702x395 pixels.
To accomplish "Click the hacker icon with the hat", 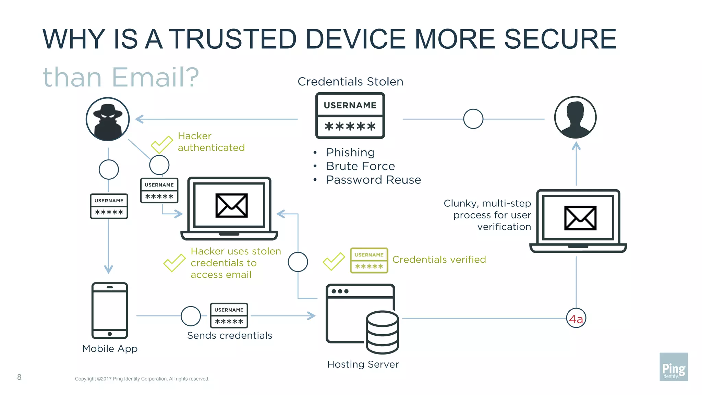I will tap(108, 119).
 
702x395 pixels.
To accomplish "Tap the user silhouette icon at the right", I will tap(576, 117).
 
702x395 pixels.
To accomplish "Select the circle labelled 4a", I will tap(576, 319).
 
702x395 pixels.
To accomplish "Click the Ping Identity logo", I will tap(674, 367).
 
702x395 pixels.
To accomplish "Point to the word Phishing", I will tap(350, 152).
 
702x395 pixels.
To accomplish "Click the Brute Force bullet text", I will tap(360, 166).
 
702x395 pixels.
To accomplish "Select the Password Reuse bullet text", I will tap(373, 180).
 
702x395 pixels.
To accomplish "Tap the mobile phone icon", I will tap(110, 310).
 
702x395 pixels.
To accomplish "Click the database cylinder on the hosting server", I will tap(382, 332).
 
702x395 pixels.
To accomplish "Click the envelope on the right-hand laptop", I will tap(580, 218).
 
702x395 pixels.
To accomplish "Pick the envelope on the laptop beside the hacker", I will tap(231, 205).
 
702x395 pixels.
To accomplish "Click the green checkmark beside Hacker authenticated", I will tap(161, 144).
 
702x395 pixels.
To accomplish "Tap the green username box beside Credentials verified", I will tap(369, 260).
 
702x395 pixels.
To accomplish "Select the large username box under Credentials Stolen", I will tap(350, 116).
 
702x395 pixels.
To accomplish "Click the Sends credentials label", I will tap(229, 335).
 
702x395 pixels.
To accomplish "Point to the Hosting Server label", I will tap(363, 364).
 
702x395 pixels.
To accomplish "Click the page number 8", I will tap(19, 377).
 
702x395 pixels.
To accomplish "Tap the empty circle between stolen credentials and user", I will tap(473, 119).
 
